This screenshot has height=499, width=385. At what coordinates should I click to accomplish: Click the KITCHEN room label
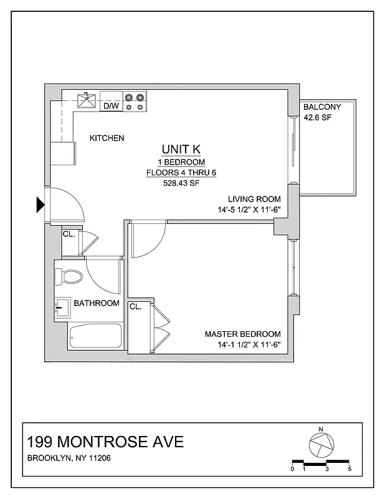(107, 138)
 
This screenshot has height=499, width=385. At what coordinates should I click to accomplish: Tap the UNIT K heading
(181, 149)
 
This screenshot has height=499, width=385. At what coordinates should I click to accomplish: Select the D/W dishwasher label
(111, 106)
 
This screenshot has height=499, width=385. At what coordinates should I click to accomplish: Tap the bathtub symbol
(95, 337)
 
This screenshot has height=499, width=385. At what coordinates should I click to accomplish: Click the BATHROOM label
(97, 304)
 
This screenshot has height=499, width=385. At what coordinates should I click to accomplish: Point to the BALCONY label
(322, 107)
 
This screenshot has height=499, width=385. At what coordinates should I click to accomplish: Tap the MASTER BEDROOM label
(243, 334)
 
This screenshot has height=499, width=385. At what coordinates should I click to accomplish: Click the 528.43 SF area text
(181, 183)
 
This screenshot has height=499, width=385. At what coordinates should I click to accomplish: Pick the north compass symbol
(320, 444)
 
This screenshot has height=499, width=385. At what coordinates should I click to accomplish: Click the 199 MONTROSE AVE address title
(106, 442)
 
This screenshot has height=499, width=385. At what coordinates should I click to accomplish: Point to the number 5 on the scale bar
(350, 468)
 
